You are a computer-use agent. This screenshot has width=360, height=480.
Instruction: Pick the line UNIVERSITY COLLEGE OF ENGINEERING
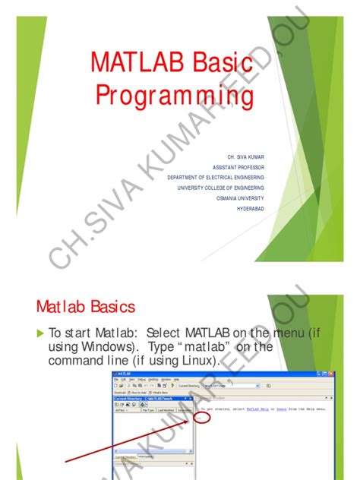click(x=221, y=187)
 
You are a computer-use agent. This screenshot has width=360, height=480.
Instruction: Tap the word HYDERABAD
click(x=251, y=207)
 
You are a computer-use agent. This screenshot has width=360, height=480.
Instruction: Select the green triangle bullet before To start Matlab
click(x=41, y=333)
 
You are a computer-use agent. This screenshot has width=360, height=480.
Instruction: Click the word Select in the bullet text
click(x=163, y=333)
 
